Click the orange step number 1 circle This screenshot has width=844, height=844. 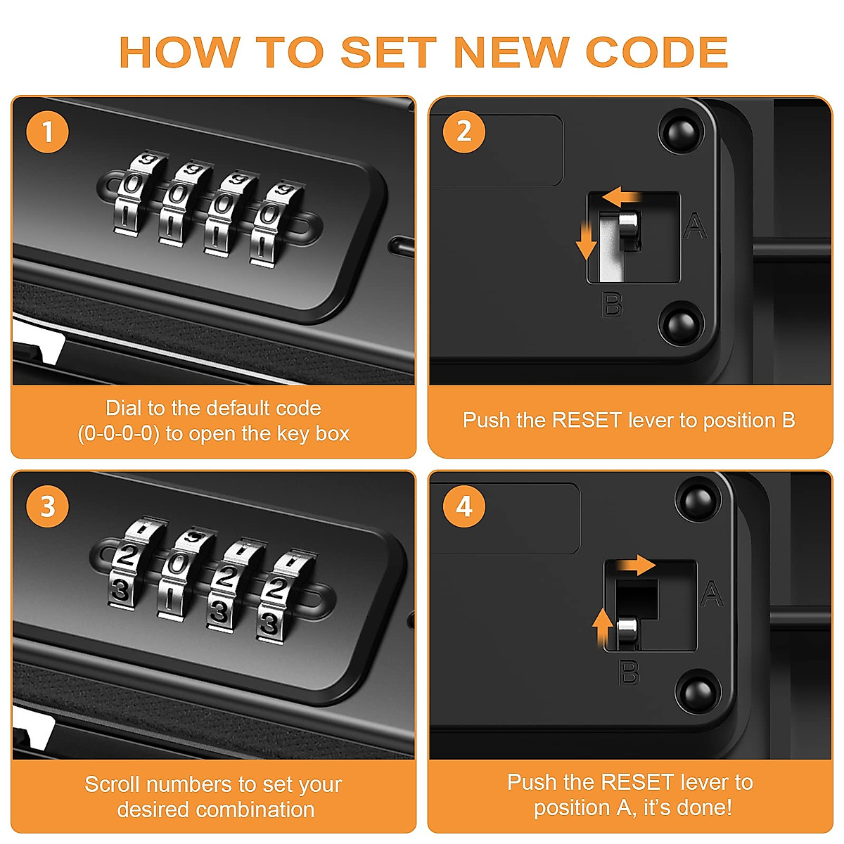click(48, 132)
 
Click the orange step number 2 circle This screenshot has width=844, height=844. click(463, 132)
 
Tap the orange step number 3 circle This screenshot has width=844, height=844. click(48, 506)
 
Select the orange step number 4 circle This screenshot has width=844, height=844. click(463, 506)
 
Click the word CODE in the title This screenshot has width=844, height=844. click(656, 52)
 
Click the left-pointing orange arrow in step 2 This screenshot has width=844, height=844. click(621, 197)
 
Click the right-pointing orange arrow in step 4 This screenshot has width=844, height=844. click(636, 565)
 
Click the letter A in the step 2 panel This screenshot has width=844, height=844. click(695, 226)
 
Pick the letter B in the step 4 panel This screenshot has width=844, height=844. click(629, 673)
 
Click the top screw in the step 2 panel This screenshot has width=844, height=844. click(682, 132)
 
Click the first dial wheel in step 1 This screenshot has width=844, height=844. click(135, 193)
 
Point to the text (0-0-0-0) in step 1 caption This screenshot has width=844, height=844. click(118, 434)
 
